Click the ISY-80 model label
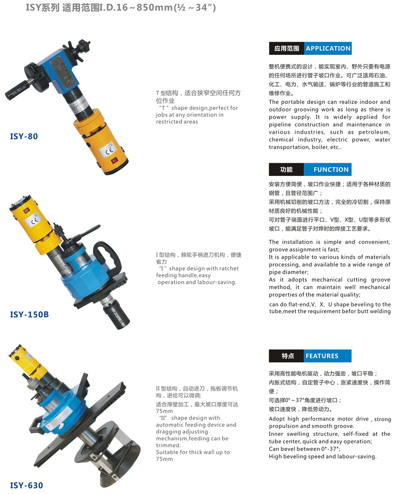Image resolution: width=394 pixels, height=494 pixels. click(x=24, y=136)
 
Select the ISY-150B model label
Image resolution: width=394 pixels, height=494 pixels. click(x=29, y=314)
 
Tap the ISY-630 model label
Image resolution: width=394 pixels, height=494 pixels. click(x=27, y=485)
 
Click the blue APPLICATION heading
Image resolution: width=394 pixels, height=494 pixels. click(x=328, y=48)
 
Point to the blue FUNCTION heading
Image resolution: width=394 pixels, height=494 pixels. click(x=327, y=169)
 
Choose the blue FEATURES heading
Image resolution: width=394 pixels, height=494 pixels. click(x=327, y=356)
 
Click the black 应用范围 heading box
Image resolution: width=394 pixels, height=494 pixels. click(x=287, y=48)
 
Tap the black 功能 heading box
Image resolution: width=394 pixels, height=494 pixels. click(x=286, y=169)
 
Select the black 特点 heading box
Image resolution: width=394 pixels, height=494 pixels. click(x=286, y=356)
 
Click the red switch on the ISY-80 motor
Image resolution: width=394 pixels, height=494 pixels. click(x=114, y=160)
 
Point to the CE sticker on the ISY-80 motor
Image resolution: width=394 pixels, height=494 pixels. click(x=108, y=151)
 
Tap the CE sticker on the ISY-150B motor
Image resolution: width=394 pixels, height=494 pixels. click(x=34, y=220)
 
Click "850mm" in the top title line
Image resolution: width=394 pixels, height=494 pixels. click(x=155, y=7)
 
